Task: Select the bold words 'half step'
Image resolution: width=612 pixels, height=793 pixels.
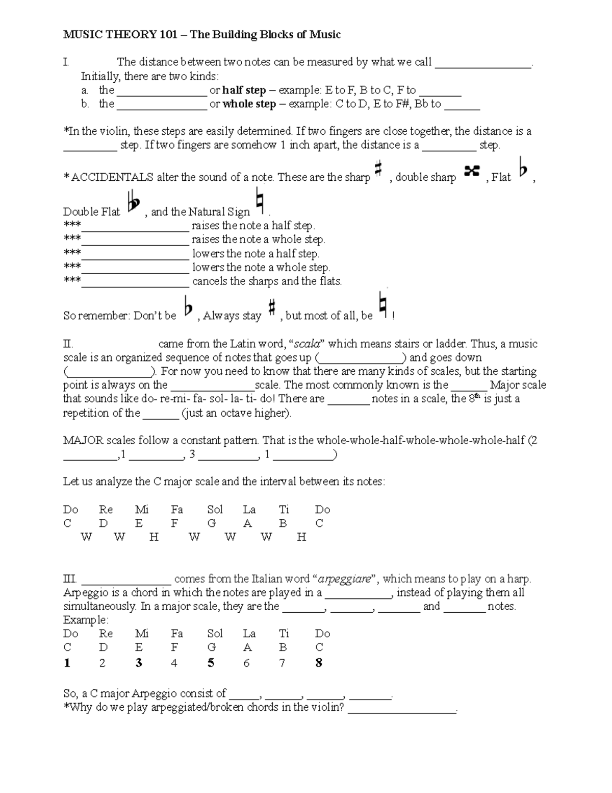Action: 244,90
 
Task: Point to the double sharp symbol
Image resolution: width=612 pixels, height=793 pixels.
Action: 472,172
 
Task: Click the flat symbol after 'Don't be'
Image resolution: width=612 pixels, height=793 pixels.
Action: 188,308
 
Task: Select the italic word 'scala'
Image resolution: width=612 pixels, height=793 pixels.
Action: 309,344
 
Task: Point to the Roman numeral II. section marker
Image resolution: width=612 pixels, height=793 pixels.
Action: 68,344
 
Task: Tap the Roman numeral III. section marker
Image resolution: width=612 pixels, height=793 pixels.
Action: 70,579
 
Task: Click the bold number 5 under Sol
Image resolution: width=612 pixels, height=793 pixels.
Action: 211,663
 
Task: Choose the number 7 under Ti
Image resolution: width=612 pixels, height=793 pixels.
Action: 282,663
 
